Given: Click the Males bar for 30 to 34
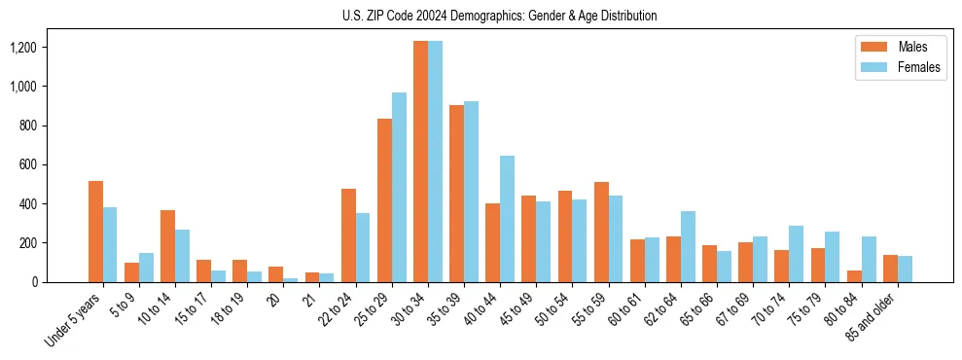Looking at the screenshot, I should (420, 162).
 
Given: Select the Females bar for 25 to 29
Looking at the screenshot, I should (399, 187).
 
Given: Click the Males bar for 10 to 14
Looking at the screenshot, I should (167, 246).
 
